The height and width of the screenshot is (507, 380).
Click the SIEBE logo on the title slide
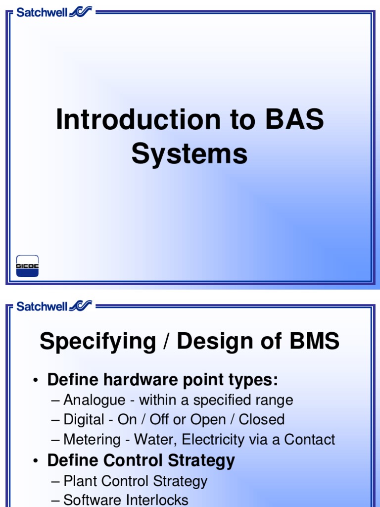[x=27, y=266]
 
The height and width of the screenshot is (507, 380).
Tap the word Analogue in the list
[x=94, y=400]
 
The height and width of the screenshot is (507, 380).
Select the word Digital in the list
[x=84, y=420]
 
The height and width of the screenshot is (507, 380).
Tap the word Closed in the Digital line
[x=262, y=420]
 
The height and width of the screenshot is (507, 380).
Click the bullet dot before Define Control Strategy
[x=36, y=461]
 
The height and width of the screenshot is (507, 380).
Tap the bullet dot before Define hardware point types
[x=36, y=381]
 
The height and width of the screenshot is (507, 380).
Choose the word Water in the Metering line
[x=152, y=440]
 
